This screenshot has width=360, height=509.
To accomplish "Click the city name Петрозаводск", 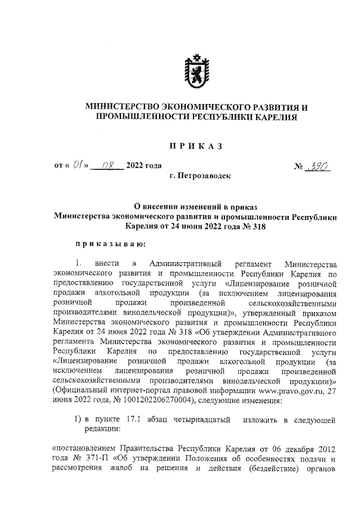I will (x=201, y=176).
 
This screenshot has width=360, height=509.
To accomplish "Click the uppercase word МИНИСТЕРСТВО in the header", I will (x=121, y=107).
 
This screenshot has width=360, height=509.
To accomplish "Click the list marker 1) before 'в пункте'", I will (x=79, y=420).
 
